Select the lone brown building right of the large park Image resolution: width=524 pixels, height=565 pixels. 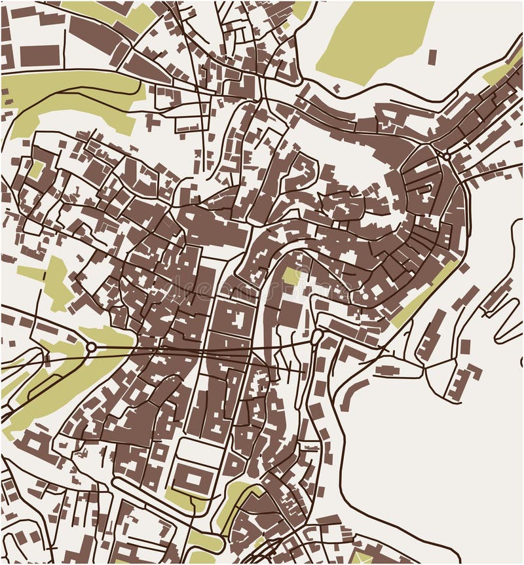click(432, 56)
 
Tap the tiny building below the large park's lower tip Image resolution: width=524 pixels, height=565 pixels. click(337, 88)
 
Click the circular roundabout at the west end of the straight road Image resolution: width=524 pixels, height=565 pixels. click(91, 347)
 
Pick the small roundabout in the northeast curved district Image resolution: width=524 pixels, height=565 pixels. click(447, 156)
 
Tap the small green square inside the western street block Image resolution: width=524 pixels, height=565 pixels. click(36, 170)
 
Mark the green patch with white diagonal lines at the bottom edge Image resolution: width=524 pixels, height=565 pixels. click(362, 558)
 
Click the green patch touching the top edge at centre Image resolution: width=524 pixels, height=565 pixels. click(301, 9)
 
